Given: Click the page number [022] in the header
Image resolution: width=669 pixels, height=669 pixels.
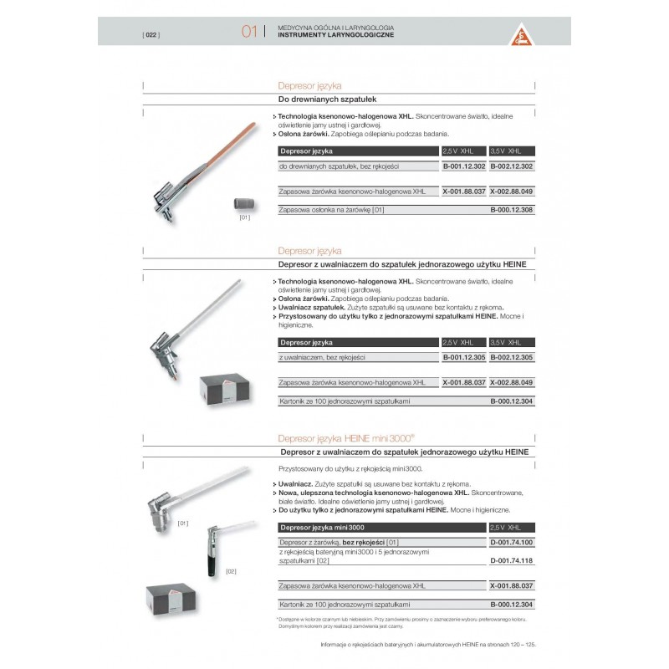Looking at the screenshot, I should (x=151, y=34).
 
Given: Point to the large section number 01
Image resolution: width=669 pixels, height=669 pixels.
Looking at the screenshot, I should (x=248, y=32).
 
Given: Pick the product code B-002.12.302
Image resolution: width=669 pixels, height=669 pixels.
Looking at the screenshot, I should (x=511, y=166).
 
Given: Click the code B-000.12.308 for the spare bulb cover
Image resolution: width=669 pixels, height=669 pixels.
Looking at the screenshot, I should (x=511, y=209).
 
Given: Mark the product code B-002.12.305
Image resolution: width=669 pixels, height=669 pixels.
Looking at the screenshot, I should (x=511, y=358).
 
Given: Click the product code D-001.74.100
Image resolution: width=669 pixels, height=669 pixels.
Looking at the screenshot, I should (x=511, y=543).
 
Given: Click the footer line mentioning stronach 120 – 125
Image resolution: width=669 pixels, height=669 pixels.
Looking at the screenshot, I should (x=427, y=645).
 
